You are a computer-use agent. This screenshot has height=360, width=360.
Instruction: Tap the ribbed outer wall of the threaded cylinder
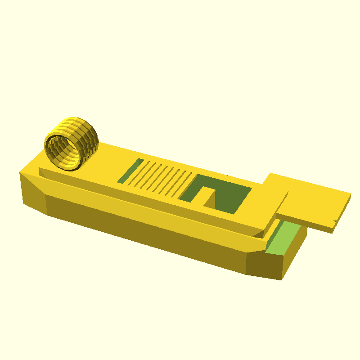pyautogui.click(x=88, y=135)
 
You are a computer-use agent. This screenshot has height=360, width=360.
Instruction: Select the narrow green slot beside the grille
pyautogui.click(x=130, y=171)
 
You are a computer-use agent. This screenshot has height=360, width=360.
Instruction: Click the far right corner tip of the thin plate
pyautogui.click(x=351, y=194)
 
